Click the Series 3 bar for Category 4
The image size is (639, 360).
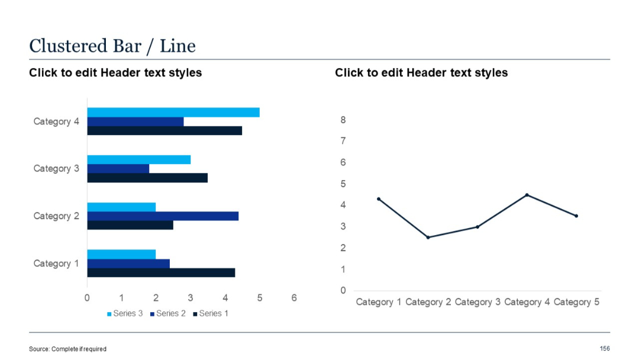point(173,112)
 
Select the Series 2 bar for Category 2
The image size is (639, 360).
point(163,216)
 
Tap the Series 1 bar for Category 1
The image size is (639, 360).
point(161,272)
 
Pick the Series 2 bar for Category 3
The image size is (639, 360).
point(118,169)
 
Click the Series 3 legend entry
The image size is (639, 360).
point(125,313)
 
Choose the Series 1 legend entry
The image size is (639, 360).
point(211,313)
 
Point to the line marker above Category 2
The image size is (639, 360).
point(428,237)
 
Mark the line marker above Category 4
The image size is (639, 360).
point(527,195)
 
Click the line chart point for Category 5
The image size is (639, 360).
point(576,216)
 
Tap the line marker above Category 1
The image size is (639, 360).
point(378,199)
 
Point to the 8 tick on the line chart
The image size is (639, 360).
point(343,120)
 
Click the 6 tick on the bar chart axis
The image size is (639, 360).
point(294,298)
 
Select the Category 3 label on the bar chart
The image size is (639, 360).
point(56,169)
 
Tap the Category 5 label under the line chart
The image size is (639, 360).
point(576,302)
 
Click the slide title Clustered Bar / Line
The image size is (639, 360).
point(112,46)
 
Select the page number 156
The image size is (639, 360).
point(605,349)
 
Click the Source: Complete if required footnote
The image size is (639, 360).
point(67,349)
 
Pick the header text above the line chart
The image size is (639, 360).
point(421,73)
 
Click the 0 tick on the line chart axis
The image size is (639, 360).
point(343,290)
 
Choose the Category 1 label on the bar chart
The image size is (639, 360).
point(56,263)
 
